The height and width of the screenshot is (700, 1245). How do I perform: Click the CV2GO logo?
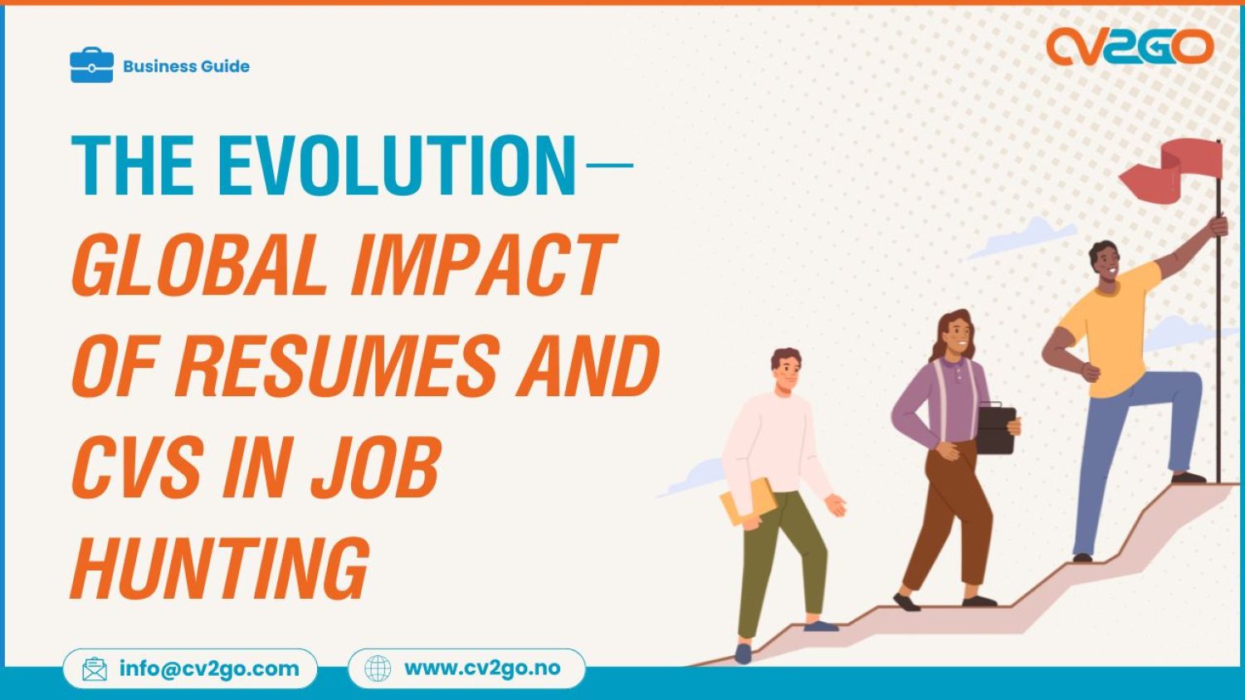[1129, 47]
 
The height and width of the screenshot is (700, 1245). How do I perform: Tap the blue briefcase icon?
[91, 66]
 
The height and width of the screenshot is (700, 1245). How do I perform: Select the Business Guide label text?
[186, 66]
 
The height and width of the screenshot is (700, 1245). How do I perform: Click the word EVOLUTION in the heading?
[396, 165]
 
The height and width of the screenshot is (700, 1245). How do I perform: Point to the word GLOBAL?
[199, 265]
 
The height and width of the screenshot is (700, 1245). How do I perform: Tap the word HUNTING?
[220, 568]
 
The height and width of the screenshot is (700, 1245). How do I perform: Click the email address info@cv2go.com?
[208, 668]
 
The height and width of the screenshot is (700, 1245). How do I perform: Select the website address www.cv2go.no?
[481, 668]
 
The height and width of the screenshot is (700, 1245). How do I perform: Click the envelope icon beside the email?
[95, 669]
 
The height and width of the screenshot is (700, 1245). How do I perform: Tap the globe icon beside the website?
[378, 668]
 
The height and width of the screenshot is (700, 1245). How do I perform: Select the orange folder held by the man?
[747, 502]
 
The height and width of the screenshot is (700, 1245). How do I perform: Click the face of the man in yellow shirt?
[1106, 265]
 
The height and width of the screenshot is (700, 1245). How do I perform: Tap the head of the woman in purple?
[955, 332]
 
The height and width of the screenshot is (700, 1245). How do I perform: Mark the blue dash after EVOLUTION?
[609, 165]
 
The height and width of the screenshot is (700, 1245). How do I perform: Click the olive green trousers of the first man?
[780, 556]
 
